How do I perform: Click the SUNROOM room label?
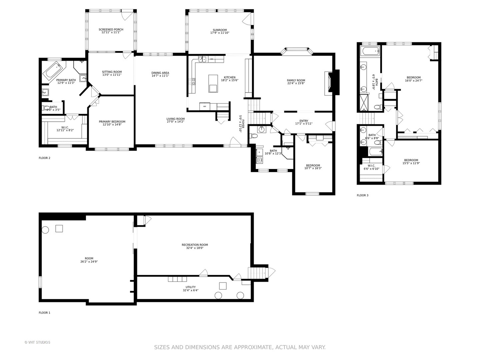(x=220, y=30)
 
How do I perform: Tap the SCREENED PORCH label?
(x=111, y=30)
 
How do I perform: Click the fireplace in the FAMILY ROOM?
(x=329, y=82)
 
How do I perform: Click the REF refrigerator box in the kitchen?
(x=205, y=106)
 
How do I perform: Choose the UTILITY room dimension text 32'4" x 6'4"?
(x=190, y=290)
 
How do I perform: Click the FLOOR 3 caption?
(x=362, y=195)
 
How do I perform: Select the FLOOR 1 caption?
(x=44, y=313)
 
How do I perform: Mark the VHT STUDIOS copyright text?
(x=37, y=342)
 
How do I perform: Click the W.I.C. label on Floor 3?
(x=371, y=166)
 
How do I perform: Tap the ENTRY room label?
(x=304, y=121)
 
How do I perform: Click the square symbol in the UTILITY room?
(x=223, y=286)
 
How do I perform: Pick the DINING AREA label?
(x=160, y=73)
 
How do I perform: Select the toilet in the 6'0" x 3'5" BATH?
(x=46, y=108)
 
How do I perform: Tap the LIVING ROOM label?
(x=175, y=119)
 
